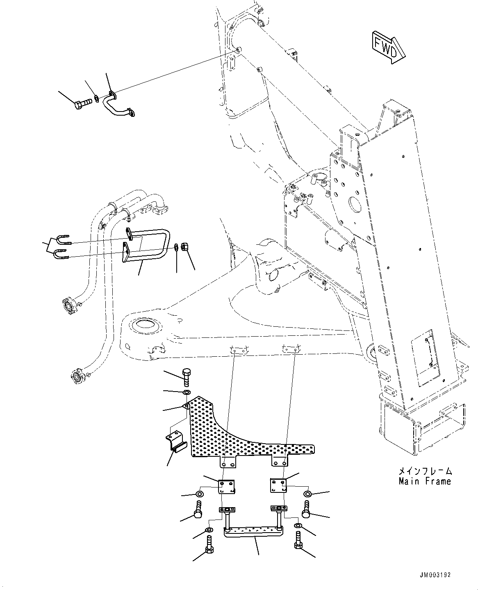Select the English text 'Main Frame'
click(x=425, y=481)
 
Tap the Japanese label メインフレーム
click(x=425, y=471)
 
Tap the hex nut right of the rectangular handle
click(x=184, y=247)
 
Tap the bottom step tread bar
click(x=253, y=532)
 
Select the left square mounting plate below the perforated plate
click(x=226, y=487)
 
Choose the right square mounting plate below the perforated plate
click(x=278, y=485)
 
